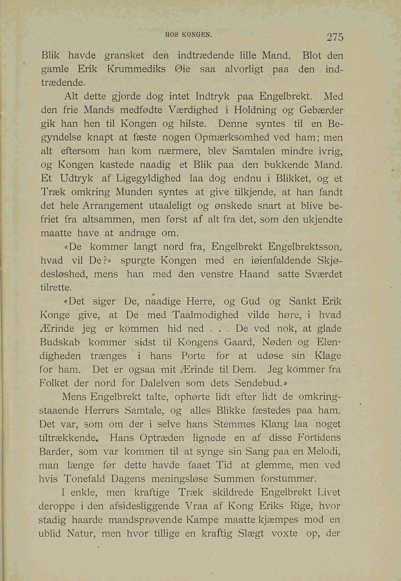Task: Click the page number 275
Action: coord(335,37)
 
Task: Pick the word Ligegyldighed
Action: coord(148,179)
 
